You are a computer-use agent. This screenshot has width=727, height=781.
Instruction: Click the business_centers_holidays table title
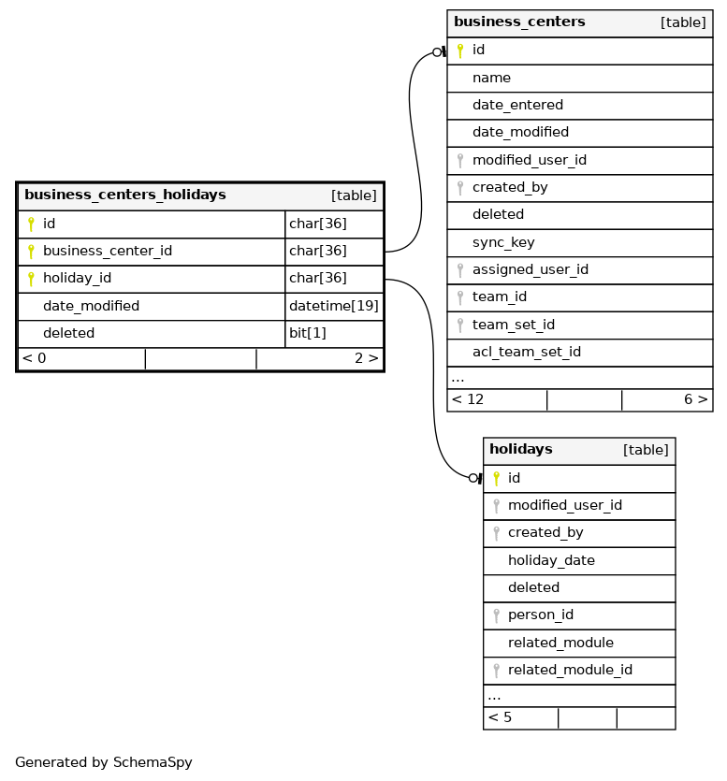124,195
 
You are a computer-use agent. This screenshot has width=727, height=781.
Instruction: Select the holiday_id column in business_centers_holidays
77,279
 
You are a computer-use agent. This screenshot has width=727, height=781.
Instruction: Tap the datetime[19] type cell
333,306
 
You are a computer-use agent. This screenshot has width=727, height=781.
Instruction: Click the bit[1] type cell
307,333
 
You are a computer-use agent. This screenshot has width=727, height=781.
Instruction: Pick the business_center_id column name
107,252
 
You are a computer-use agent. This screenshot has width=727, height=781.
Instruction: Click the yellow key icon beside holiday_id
31,279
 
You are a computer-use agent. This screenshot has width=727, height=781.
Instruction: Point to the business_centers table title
519,22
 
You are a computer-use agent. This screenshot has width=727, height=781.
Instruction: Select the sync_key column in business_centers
503,242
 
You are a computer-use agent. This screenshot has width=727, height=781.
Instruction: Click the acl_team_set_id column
526,352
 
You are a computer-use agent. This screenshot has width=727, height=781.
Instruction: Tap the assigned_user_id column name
530,269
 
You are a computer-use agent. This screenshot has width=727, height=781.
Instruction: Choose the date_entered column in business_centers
517,105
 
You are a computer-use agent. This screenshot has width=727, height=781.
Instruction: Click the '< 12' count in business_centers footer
468,399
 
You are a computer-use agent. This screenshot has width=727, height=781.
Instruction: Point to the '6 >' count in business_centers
694,399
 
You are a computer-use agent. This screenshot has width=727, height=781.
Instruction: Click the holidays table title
520,450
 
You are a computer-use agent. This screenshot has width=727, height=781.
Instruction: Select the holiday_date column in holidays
551,560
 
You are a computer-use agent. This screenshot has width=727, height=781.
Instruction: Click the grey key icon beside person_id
496,615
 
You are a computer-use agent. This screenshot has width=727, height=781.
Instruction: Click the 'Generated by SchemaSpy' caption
103,762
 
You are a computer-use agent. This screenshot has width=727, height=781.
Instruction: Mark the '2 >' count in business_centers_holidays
366,358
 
